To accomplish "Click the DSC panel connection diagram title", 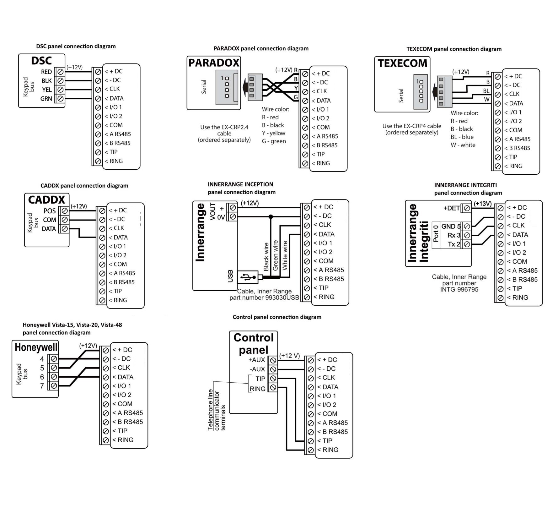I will click(x=76, y=46).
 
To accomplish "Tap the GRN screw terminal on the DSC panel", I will click(x=61, y=99).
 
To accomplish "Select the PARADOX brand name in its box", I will click(x=214, y=63).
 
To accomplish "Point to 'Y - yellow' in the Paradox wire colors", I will click(x=273, y=133).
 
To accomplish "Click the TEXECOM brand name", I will click(x=402, y=63).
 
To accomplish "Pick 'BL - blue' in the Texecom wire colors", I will click(x=462, y=137).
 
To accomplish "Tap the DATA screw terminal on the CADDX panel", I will click(x=65, y=229).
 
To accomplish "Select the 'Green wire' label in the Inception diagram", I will click(x=275, y=255).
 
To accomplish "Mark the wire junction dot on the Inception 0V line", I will click(x=271, y=216).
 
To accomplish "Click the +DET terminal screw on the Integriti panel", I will click(x=467, y=208).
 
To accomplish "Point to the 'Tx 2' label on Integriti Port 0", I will click(x=454, y=244).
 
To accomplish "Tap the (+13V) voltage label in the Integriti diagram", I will click(x=483, y=204).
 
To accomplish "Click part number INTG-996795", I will click(x=459, y=289).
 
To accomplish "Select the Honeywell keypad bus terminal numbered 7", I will click(x=54, y=385).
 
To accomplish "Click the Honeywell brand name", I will click(x=36, y=347).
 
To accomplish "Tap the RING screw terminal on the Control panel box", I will click(x=273, y=388).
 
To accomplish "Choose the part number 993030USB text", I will click(x=264, y=298).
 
